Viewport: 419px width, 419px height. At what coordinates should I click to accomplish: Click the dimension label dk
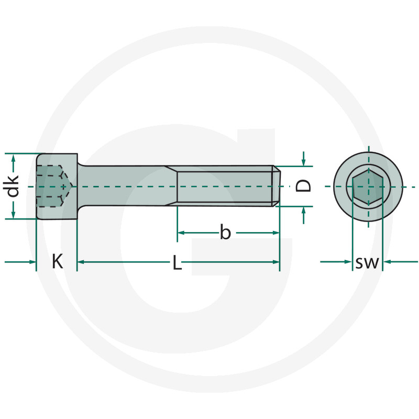(14, 185)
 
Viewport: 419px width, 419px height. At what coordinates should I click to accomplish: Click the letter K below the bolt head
(57, 261)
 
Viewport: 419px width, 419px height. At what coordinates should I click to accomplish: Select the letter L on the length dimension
(178, 262)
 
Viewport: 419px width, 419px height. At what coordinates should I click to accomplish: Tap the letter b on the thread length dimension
(225, 232)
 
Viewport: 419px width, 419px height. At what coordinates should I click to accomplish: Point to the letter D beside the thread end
(304, 185)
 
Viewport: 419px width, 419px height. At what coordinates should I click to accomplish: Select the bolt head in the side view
(57, 186)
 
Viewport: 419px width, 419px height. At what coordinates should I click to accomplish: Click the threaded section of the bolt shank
(225, 186)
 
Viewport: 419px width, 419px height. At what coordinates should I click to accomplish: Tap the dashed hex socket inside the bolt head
(52, 186)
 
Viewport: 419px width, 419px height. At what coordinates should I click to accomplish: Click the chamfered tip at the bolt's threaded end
(277, 186)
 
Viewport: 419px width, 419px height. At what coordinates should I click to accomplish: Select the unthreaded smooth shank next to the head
(126, 186)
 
